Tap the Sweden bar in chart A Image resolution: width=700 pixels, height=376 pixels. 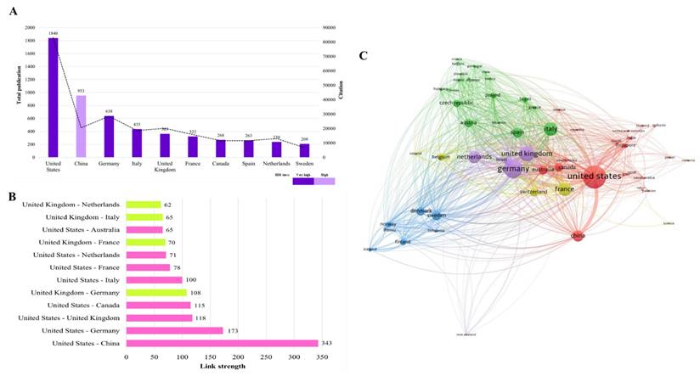pyautogui.click(x=303, y=150)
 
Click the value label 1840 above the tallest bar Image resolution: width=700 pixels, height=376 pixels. pyautogui.click(x=53, y=33)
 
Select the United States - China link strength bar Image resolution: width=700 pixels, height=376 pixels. pyautogui.click(x=222, y=343)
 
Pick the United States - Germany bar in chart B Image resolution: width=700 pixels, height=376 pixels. pyautogui.click(x=174, y=330)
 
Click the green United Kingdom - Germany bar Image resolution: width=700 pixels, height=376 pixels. pyautogui.click(x=156, y=292)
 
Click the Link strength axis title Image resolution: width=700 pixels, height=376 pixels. pyautogui.click(x=222, y=366)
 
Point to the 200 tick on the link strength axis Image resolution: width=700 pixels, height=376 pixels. pyautogui.click(x=238, y=357)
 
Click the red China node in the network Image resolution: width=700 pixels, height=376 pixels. pyautogui.click(x=578, y=236)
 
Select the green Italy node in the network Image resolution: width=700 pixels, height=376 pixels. pyautogui.click(x=550, y=130)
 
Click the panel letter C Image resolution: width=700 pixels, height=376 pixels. pyautogui.click(x=364, y=56)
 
